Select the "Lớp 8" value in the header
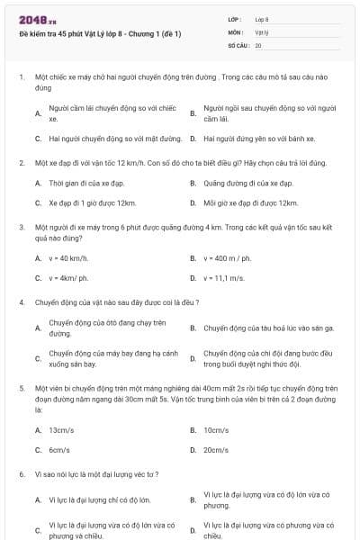[x=262, y=18]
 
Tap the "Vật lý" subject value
[x=262, y=31]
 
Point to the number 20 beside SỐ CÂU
[x=258, y=44]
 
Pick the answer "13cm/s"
[x=61, y=430]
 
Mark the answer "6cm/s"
[x=59, y=450]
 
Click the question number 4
[x=21, y=302]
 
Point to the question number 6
[x=21, y=473]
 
